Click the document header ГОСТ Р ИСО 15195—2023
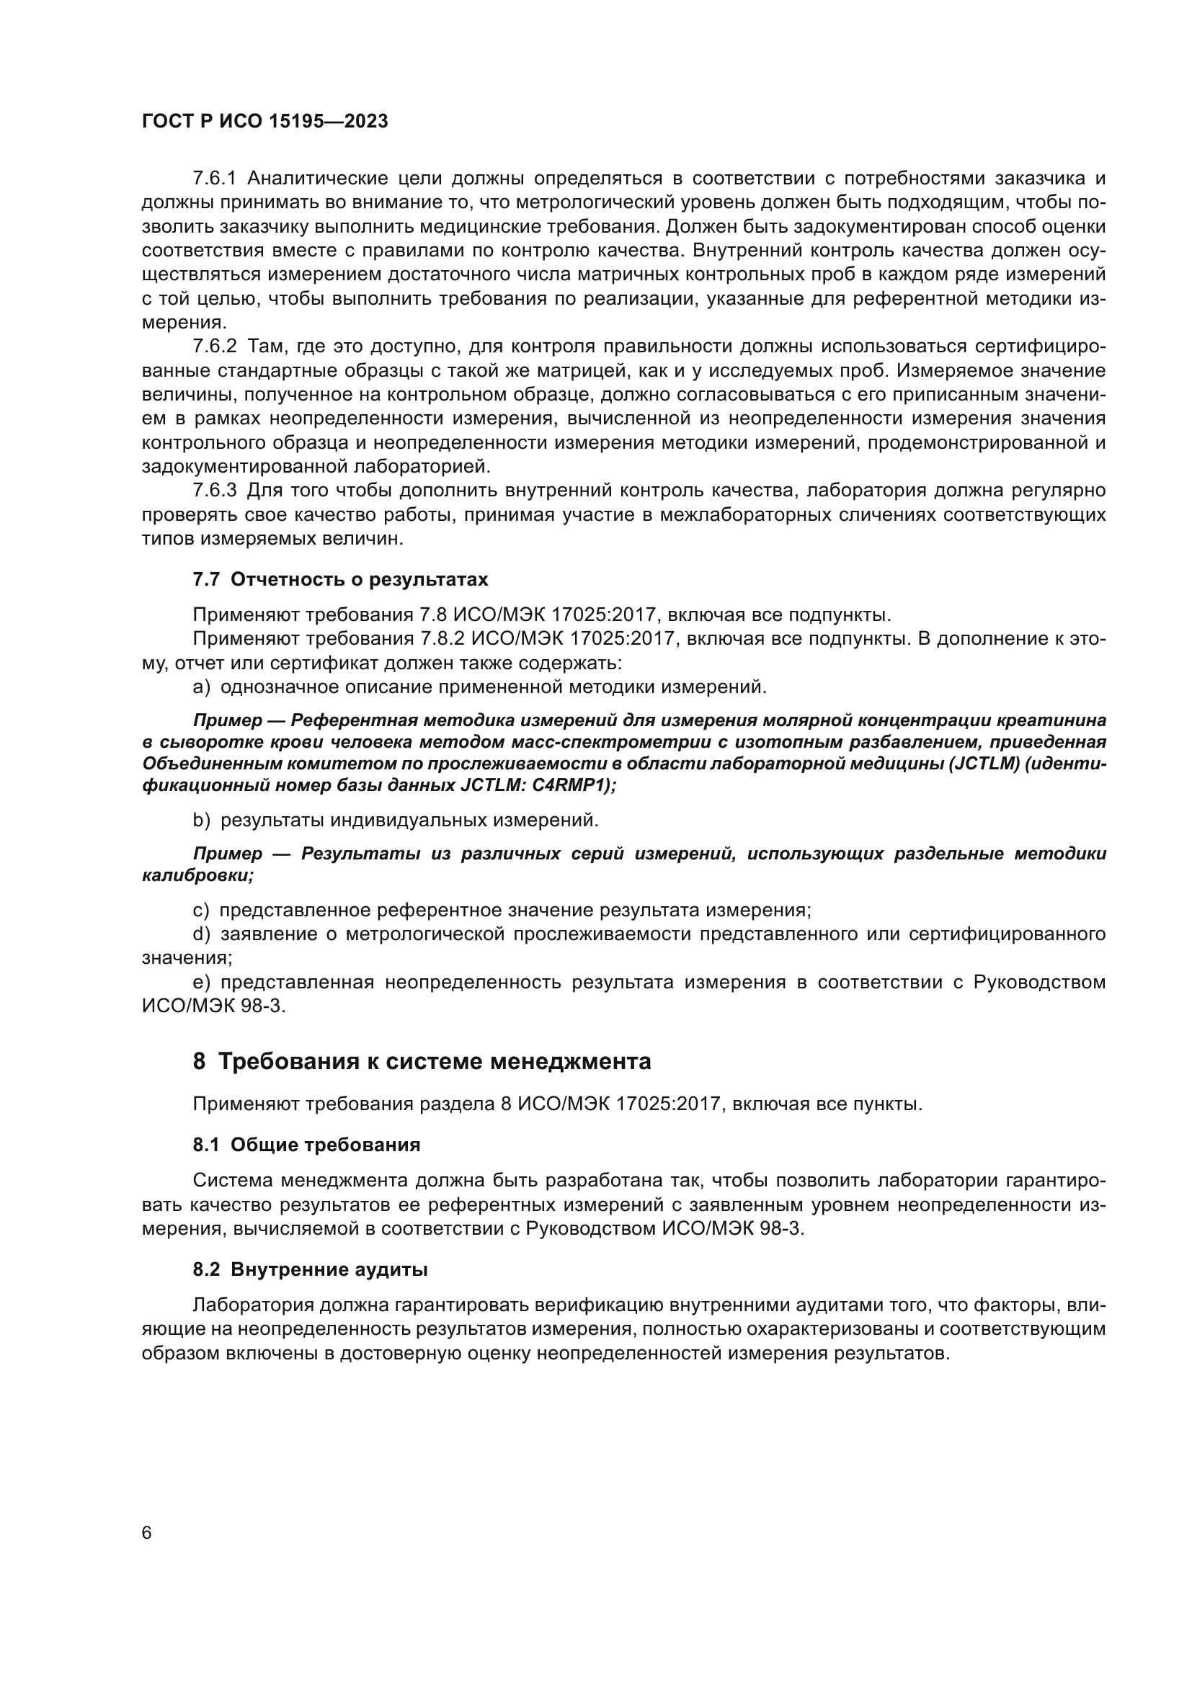264,122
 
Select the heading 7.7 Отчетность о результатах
340,580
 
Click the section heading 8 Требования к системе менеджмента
422,1062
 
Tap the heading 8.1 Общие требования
306,1145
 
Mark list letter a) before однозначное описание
201,688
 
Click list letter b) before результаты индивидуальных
201,821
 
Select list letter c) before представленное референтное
200,911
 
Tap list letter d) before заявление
201,934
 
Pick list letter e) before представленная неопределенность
201,983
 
